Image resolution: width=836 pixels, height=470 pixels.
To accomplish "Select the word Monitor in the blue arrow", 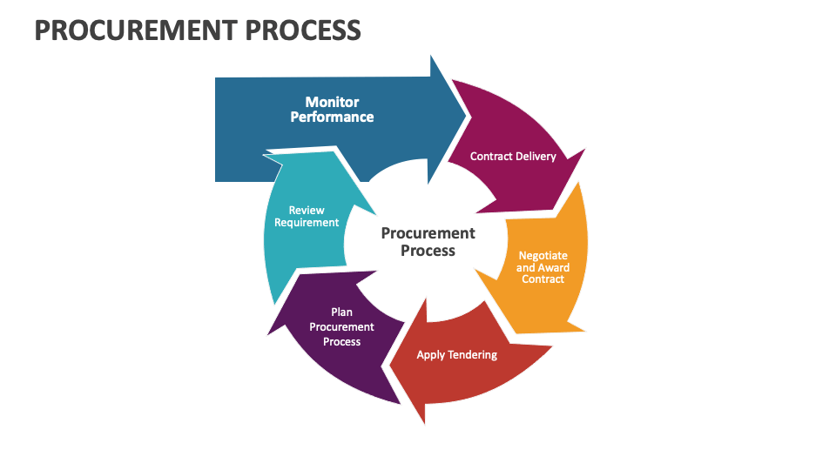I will pos(332,103).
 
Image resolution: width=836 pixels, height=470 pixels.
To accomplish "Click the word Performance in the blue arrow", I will pos(332,117).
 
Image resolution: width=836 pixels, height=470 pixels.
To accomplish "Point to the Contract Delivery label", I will pos(513,157).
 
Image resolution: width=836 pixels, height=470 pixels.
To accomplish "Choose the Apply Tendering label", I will pos(456,355).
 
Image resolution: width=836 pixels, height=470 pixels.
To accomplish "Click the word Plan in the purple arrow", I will pos(341,312).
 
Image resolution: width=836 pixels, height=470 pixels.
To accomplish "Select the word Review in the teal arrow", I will pos(307,211).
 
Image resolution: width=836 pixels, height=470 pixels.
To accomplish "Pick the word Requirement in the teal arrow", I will pos(307,223).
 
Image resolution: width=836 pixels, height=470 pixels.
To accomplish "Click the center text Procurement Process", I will pos(428,242).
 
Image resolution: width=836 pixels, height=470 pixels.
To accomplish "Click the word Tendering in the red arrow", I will pos(475,355).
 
